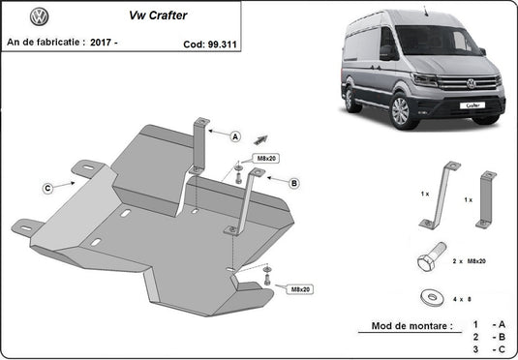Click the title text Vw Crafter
coord(153,16)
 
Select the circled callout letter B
coord(293,181)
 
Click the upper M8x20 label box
coord(265,157)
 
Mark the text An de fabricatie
coord(45,44)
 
